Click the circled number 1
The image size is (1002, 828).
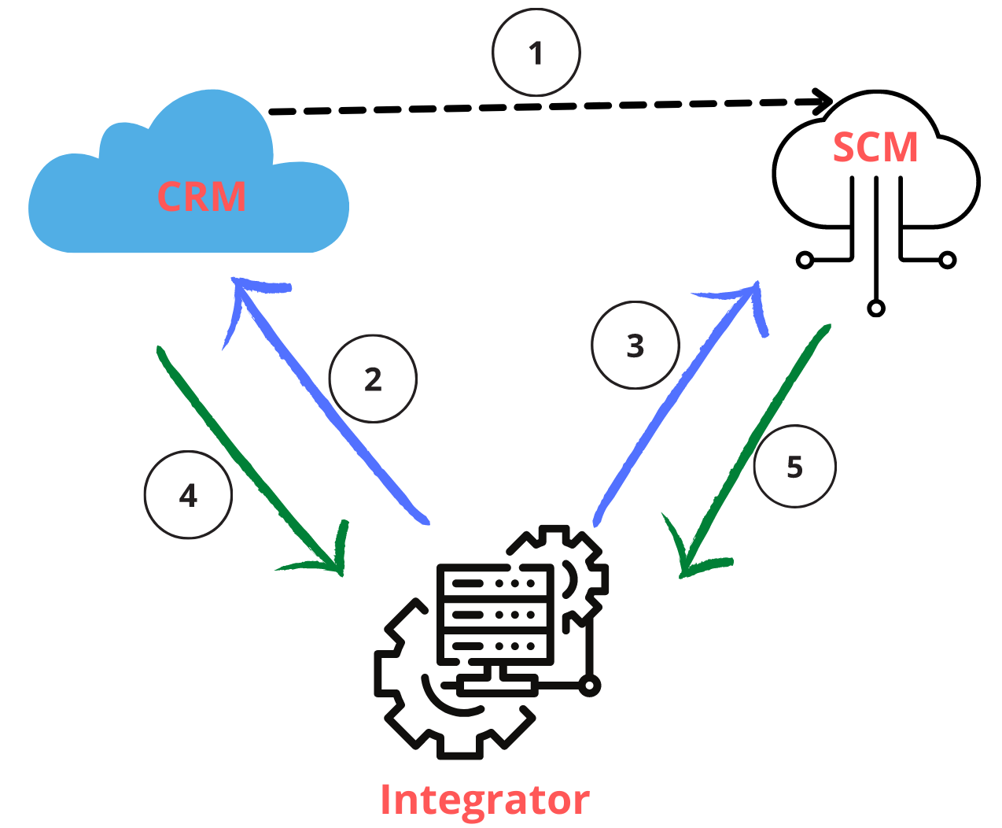[x=536, y=53]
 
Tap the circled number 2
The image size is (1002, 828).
[x=373, y=379]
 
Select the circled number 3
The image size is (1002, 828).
[x=635, y=346]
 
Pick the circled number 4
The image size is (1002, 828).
[x=188, y=495]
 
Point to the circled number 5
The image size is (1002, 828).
[x=794, y=467]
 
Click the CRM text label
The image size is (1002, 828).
[x=201, y=197]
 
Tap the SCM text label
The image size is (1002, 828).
[x=875, y=148]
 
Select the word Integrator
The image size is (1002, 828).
[x=484, y=800]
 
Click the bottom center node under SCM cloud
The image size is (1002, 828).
[x=876, y=308]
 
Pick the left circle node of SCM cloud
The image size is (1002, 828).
[x=805, y=259]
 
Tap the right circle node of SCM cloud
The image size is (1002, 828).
[x=948, y=259]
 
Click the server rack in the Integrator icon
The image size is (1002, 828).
[x=495, y=614]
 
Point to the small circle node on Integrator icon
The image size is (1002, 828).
[x=589, y=685]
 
